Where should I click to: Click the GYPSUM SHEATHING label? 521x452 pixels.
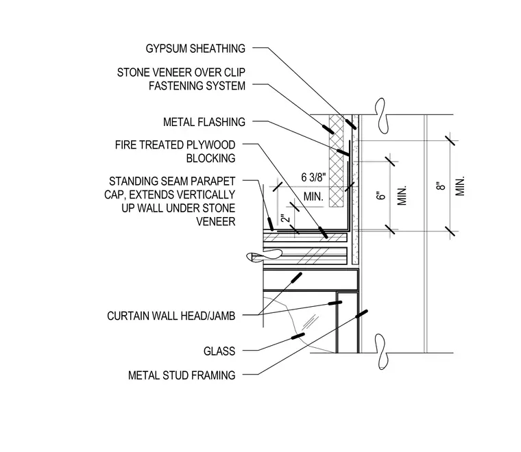pyautogui.click(x=195, y=49)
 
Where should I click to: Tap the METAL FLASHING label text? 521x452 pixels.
pyautogui.click(x=204, y=122)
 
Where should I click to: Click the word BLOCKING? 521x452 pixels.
pyautogui.click(x=210, y=158)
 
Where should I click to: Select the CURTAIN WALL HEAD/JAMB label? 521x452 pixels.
pyautogui.click(x=171, y=316)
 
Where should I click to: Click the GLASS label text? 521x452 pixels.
pyautogui.click(x=219, y=351)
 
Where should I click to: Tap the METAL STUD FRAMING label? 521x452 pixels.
pyautogui.click(x=182, y=375)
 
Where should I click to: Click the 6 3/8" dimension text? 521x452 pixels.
pyautogui.click(x=313, y=177)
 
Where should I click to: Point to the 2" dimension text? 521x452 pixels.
pyautogui.click(x=285, y=218)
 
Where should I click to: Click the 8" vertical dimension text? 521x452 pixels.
pyautogui.click(x=441, y=186)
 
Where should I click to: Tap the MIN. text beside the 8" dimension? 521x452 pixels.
pyautogui.click(x=460, y=186)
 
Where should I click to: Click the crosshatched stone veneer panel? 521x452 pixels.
pyautogui.click(x=337, y=161)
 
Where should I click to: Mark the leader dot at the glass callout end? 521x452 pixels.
pyautogui.click(x=298, y=336)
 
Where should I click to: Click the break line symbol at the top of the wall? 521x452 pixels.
pyautogui.click(x=381, y=116)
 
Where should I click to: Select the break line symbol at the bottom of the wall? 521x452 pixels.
pyautogui.click(x=382, y=352)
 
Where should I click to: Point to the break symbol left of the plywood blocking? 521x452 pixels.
pyautogui.click(x=264, y=256)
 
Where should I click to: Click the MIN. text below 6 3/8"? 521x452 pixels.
pyautogui.click(x=313, y=197)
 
